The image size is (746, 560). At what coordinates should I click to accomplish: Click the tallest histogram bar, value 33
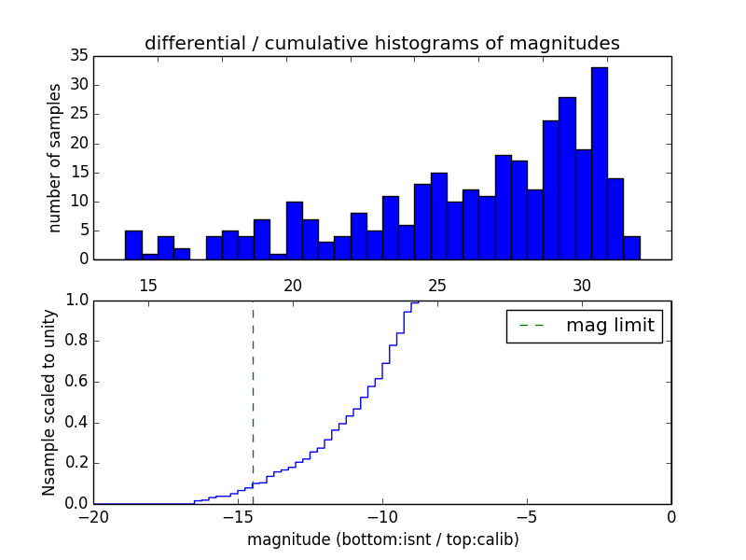599,163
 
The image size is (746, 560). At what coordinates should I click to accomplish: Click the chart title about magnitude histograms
381,43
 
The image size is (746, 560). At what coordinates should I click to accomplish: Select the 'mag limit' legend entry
585,326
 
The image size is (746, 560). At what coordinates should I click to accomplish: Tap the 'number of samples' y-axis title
55,157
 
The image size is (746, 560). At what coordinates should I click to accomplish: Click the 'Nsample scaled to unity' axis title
48,401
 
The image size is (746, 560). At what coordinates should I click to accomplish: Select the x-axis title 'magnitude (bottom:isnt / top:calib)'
382,539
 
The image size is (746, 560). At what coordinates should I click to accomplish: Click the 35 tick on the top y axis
78,56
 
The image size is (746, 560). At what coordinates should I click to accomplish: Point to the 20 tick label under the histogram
293,286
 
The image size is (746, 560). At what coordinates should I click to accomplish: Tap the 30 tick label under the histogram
582,286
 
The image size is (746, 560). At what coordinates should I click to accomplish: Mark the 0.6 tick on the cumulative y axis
76,382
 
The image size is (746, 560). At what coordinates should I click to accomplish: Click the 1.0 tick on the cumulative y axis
76,301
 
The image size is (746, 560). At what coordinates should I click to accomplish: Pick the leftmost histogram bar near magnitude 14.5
133,245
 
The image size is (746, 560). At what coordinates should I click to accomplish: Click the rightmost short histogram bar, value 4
631,247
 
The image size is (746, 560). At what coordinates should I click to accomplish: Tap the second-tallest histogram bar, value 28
567,177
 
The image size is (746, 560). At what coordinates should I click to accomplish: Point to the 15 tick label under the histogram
148,286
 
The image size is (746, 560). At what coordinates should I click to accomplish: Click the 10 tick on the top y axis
78,201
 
